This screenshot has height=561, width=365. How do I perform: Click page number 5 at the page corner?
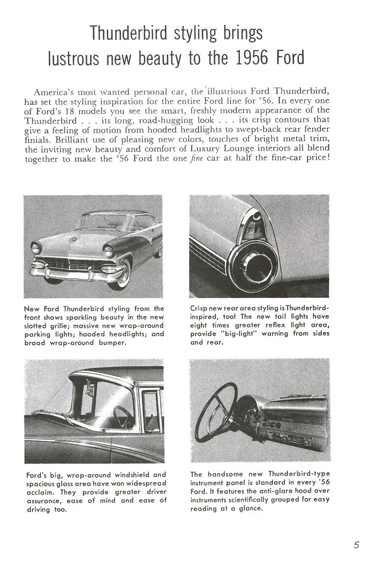[x=356, y=545]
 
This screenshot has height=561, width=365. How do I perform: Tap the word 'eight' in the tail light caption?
[x=200, y=325]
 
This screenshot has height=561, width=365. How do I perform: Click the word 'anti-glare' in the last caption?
[x=275, y=491]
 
